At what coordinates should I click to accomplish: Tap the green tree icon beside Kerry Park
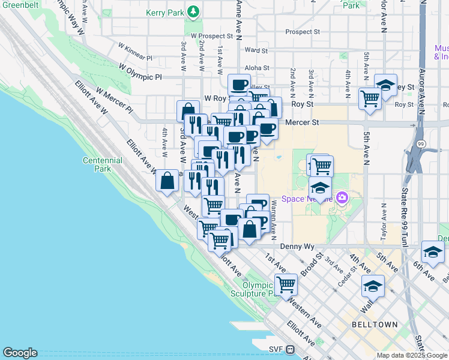pyautogui.click(x=193, y=11)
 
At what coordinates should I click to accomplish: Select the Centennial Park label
pyautogui.click(x=103, y=164)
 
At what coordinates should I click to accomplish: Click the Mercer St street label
pyautogui.click(x=302, y=122)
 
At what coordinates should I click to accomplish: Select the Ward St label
pyautogui.click(x=256, y=51)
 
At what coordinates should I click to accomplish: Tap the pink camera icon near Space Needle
pyautogui.click(x=342, y=197)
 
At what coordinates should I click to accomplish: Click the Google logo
pyautogui.click(x=20, y=353)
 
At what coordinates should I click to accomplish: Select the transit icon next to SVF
pyautogui.click(x=290, y=349)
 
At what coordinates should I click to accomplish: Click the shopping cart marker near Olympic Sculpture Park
pyautogui.click(x=286, y=283)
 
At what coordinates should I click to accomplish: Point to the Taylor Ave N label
pyautogui.click(x=382, y=221)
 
